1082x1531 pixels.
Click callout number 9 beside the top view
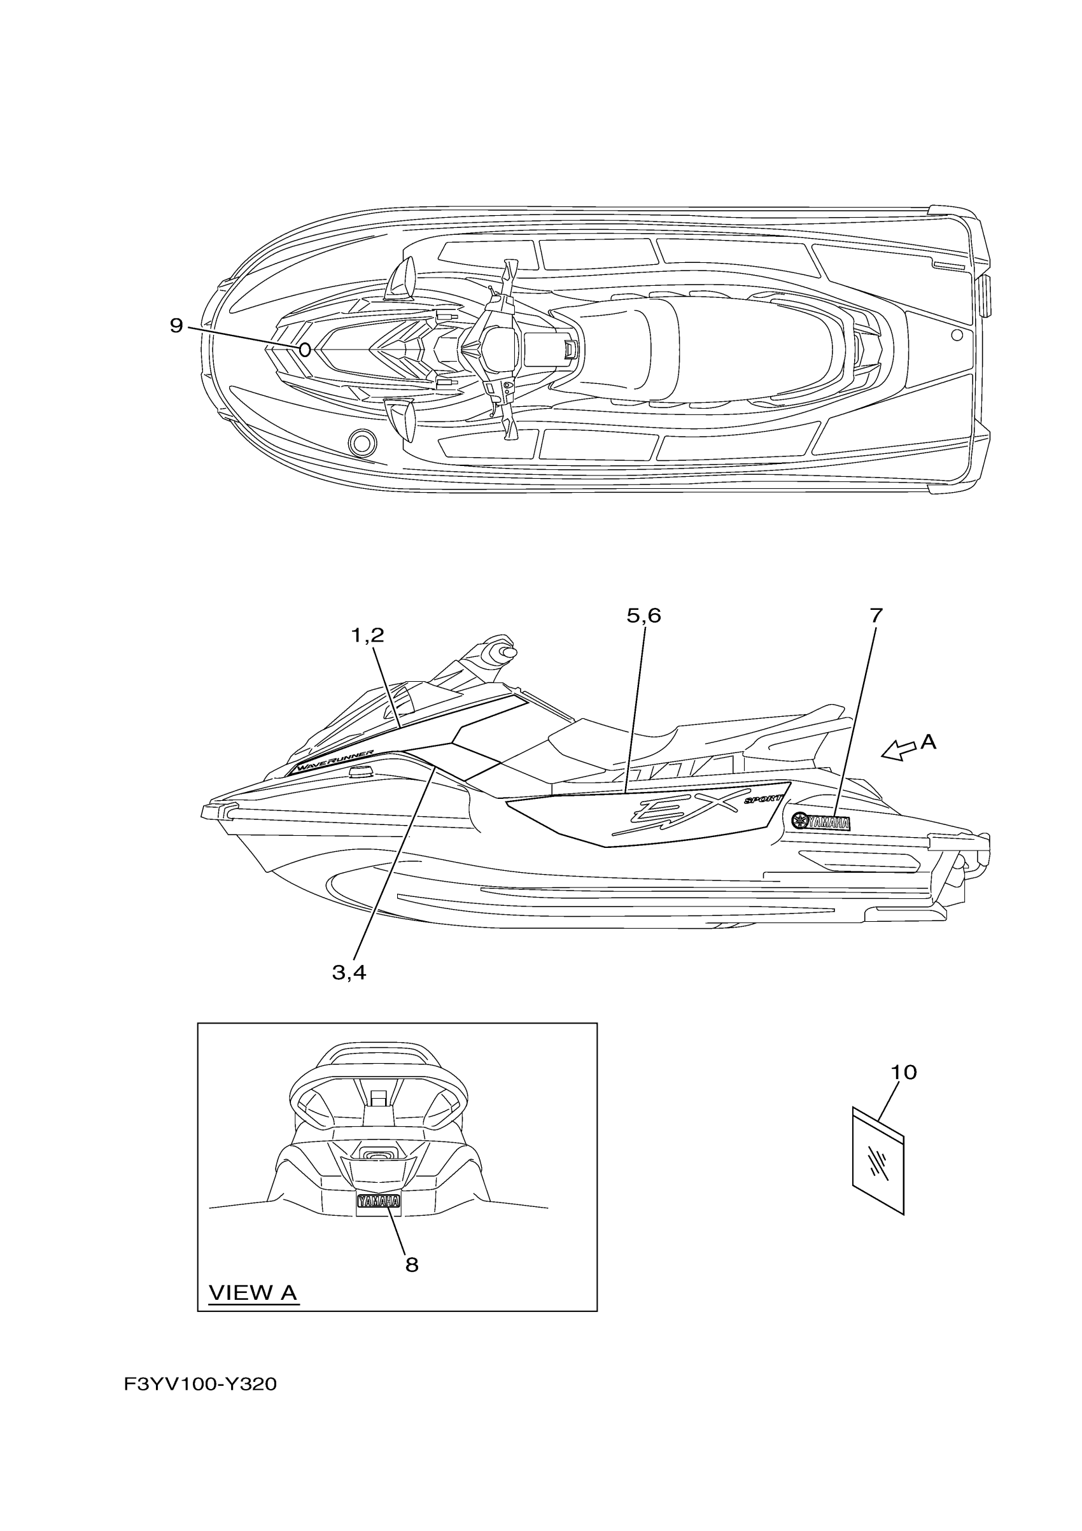176,325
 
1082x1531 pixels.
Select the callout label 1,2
367,635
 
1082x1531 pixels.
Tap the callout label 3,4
349,973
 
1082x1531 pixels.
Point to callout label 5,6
643,616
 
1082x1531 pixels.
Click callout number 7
876,615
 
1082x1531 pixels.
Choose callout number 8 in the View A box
411,1264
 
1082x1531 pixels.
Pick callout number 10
904,1072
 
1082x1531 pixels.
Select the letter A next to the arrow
928,742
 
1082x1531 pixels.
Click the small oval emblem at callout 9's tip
305,349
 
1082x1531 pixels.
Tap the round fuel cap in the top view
362,441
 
